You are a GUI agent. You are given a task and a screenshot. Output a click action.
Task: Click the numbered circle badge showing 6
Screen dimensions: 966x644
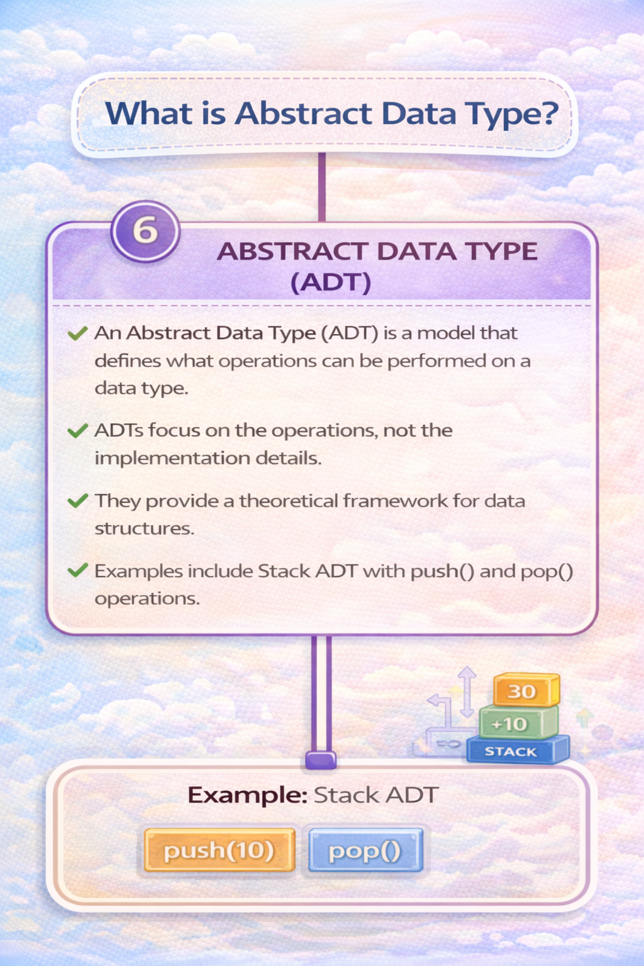(x=145, y=231)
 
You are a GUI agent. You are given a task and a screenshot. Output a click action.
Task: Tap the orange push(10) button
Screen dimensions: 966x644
(x=219, y=850)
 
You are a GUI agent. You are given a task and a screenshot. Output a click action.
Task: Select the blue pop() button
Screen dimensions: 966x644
(x=365, y=851)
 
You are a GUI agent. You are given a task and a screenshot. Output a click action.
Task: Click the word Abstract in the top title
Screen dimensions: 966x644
(x=304, y=114)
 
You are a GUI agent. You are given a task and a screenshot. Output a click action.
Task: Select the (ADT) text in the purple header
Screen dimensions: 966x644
(x=331, y=282)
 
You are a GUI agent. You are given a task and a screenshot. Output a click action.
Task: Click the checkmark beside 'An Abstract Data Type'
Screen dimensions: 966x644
(x=77, y=333)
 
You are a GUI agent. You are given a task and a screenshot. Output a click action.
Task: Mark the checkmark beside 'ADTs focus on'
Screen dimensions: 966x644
(x=77, y=431)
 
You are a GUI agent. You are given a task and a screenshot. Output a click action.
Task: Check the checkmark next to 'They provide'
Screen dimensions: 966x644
(x=77, y=501)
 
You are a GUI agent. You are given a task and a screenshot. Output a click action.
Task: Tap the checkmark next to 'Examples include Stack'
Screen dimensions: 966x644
(x=77, y=571)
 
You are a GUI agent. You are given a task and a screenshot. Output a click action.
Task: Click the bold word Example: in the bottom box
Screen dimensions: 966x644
(x=247, y=795)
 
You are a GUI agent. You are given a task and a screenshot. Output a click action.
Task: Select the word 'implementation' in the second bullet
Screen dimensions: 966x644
(x=172, y=458)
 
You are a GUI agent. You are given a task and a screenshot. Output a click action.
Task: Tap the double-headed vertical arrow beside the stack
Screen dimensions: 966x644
(x=467, y=692)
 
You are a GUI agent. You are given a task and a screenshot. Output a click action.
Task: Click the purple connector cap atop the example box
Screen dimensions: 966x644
(x=321, y=760)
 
